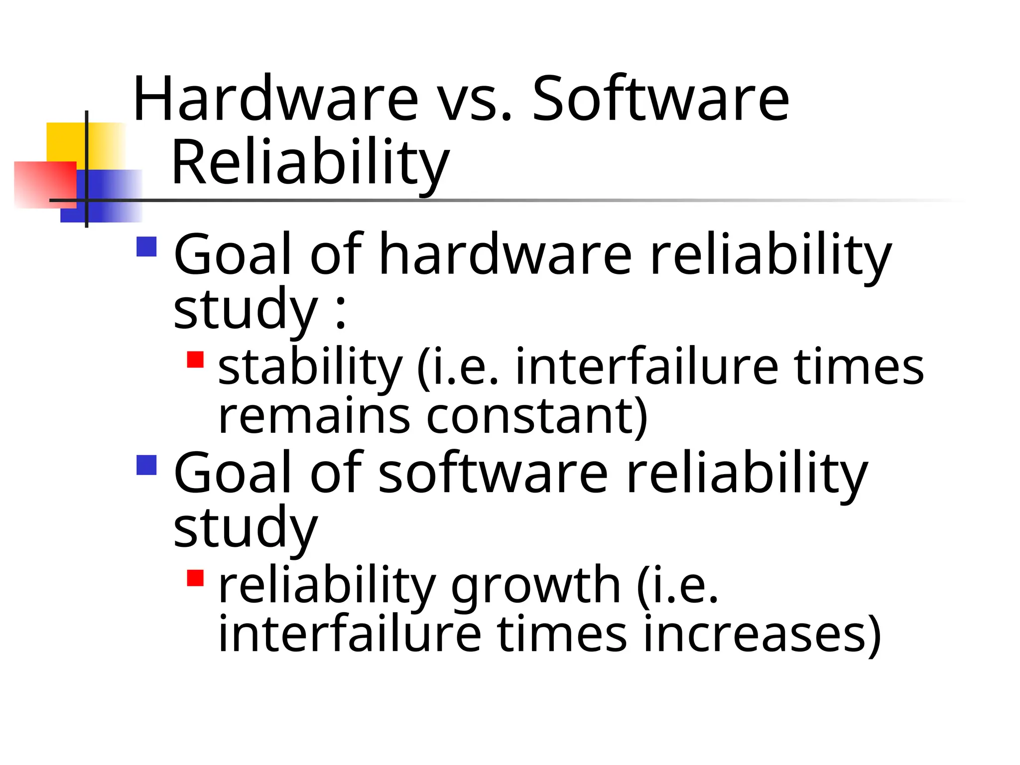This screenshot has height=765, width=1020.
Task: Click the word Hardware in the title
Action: point(275,98)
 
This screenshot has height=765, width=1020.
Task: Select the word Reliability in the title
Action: point(310,162)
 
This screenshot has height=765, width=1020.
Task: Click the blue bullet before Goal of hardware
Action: point(146,247)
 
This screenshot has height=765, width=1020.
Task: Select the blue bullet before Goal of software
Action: point(146,465)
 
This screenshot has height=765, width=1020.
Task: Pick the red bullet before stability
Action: point(195,360)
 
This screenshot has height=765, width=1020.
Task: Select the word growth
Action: point(535,586)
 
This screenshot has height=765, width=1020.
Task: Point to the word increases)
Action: point(762,634)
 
